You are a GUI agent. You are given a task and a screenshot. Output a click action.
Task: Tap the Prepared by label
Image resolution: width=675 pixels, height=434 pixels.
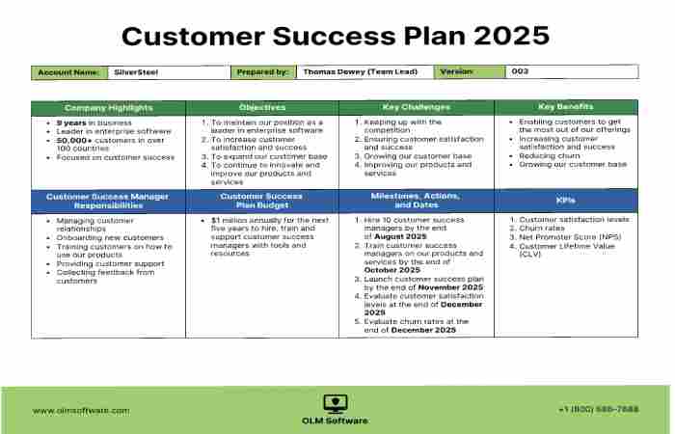[261, 71]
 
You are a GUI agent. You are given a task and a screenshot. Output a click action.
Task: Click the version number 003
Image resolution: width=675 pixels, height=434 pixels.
[520, 71]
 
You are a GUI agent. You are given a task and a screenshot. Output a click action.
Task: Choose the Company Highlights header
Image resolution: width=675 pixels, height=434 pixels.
[108, 107]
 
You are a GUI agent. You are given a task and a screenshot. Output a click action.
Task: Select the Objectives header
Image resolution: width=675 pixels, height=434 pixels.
[262, 107]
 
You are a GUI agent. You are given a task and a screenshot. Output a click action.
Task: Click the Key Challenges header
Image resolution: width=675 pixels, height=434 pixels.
[417, 107]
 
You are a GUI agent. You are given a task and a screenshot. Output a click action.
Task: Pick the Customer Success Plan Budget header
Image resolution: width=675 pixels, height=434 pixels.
[262, 201]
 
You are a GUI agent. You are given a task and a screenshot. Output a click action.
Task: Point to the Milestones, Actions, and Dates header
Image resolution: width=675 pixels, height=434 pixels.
[417, 201]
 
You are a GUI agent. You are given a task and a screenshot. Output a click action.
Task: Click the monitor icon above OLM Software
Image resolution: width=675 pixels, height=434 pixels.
[336, 403]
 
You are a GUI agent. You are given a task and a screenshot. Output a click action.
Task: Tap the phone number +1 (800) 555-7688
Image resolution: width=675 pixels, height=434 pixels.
[598, 410]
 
